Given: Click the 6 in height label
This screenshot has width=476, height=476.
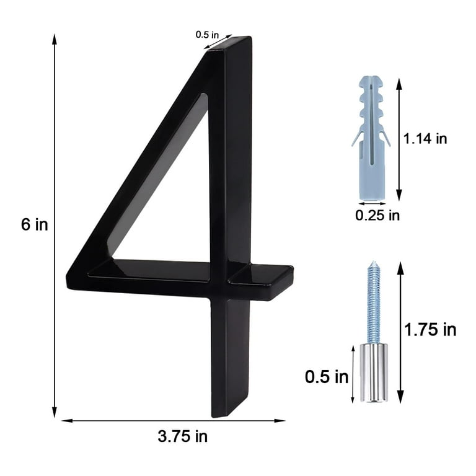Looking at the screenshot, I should coord(34,224).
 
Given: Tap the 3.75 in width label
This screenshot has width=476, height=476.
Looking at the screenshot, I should coord(183,436).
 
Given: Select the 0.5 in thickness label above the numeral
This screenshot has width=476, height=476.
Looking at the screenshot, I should coord(208,35).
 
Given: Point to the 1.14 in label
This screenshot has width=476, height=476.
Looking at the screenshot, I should coord(425,139).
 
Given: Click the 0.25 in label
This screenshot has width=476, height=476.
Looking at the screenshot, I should coord(377,216).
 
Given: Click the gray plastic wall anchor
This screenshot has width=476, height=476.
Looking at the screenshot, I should coord(371,136).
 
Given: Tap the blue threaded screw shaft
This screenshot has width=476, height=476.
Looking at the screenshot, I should coord(374,304).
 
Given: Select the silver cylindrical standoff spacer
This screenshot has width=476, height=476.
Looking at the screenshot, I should coord(374,372).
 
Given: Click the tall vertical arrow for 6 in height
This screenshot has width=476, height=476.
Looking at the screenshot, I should coord(55,224).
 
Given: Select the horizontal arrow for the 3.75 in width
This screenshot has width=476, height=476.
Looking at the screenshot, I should coord(174,421).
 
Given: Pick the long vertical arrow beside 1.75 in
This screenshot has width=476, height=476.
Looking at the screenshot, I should coord(400,332).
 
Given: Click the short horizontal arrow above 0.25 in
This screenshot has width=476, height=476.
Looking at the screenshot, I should coord(372,203).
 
